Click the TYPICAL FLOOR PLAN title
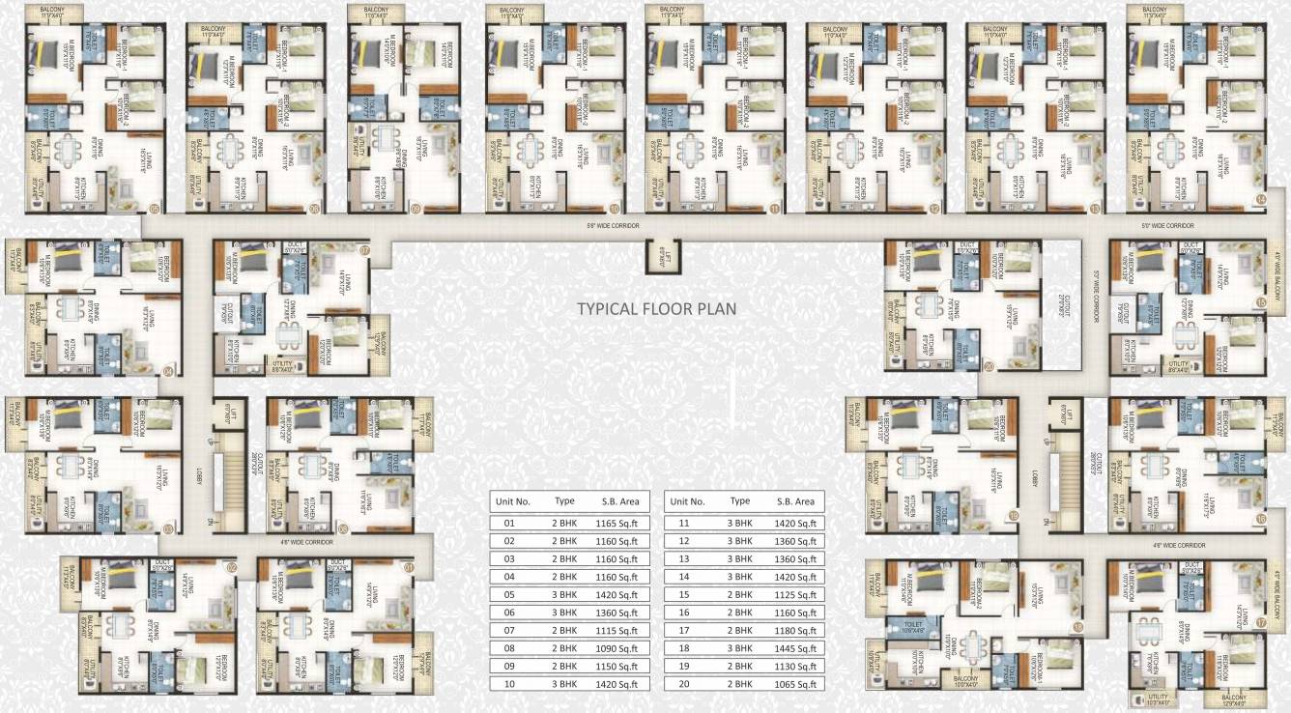point(656,309)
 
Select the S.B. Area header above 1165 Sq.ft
point(622,501)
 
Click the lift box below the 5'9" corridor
point(662,257)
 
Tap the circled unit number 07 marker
point(364,249)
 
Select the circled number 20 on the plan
point(989,365)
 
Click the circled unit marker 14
point(1260,200)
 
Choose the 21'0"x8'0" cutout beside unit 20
point(1063,304)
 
